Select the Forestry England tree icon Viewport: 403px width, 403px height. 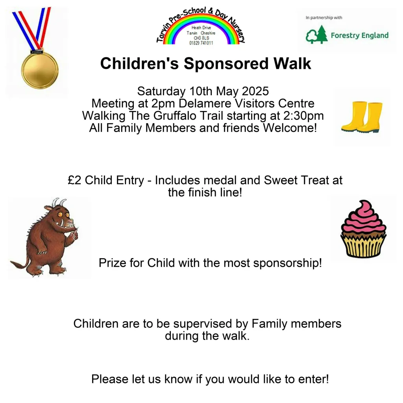(x=316, y=35)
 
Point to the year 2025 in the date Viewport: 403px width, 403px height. (x=255, y=91)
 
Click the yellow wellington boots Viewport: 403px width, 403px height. (x=362, y=117)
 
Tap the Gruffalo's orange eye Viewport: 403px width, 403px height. (x=60, y=214)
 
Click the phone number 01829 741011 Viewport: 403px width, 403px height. (x=201, y=43)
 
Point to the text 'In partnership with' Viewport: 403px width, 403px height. (x=324, y=17)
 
